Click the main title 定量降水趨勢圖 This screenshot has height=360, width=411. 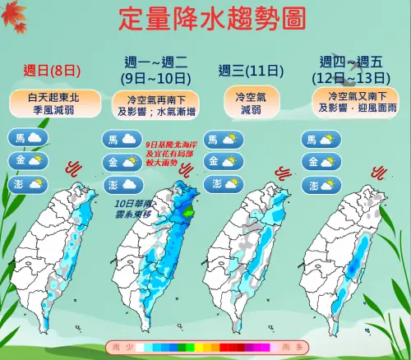(x=205, y=19)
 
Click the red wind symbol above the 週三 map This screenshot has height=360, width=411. (x=284, y=173)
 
